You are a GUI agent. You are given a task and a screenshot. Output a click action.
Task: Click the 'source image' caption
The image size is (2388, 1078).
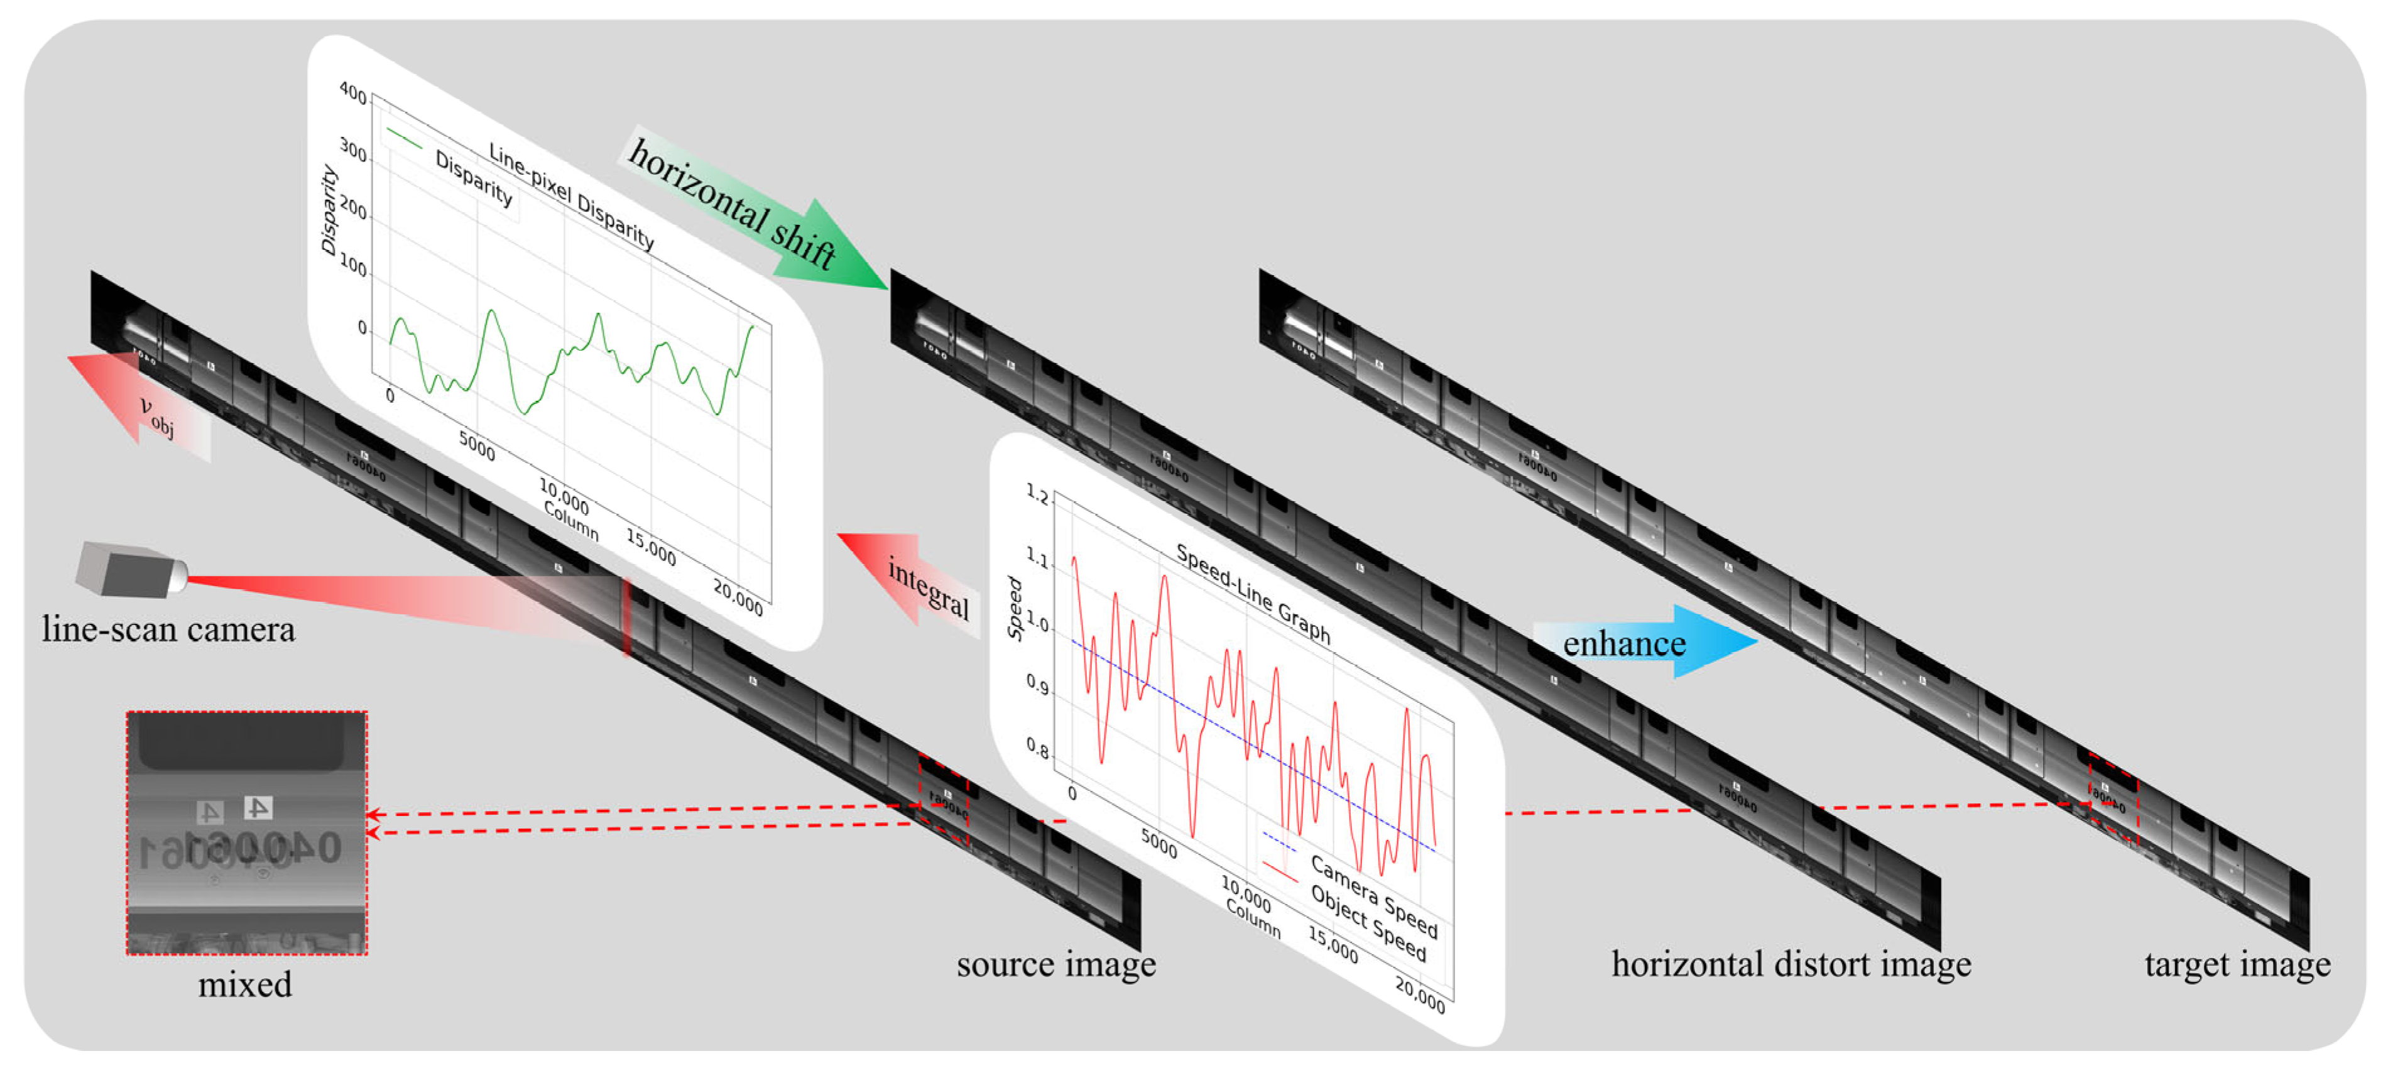point(1056,964)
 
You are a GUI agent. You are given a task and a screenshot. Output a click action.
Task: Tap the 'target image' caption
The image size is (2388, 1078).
point(2237,964)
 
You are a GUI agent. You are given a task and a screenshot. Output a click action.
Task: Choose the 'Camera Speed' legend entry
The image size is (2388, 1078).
point(1373,895)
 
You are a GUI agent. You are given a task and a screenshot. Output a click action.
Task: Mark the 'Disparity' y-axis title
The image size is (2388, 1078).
point(328,209)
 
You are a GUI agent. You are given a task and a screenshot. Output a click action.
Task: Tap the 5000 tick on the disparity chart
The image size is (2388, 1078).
point(476,447)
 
